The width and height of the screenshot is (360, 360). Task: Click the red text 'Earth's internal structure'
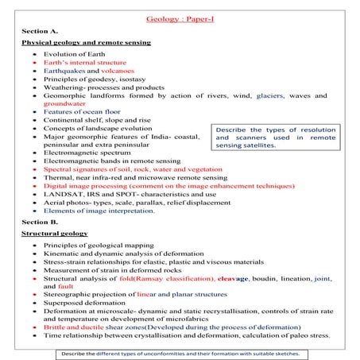click(x=85, y=61)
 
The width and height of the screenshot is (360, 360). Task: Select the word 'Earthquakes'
click(x=64, y=71)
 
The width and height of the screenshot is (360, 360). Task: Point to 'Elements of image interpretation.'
click(x=99, y=211)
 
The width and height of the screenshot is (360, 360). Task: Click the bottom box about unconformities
click(x=180, y=353)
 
